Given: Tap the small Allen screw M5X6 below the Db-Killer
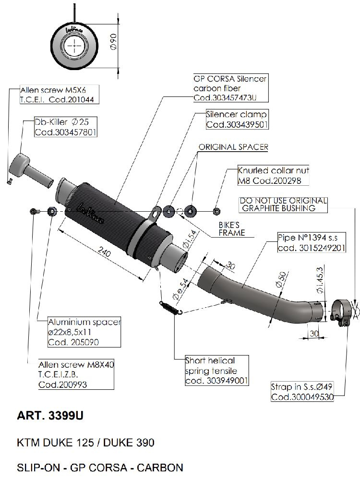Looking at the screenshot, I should click(x=10, y=181).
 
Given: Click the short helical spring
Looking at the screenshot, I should click(x=170, y=307).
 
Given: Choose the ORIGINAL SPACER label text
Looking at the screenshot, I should click(x=233, y=147).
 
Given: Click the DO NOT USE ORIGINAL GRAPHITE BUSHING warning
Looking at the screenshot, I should click(x=283, y=204).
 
